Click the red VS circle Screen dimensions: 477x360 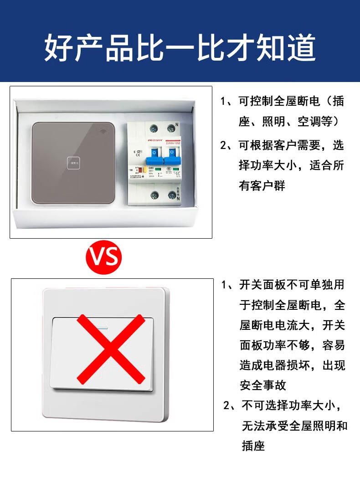pos(104,256)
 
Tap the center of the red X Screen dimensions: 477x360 pos(111,349)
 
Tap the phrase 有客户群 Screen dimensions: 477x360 pos(262,185)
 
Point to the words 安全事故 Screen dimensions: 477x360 pos(262,385)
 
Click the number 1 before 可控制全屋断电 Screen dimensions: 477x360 pos(224,101)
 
